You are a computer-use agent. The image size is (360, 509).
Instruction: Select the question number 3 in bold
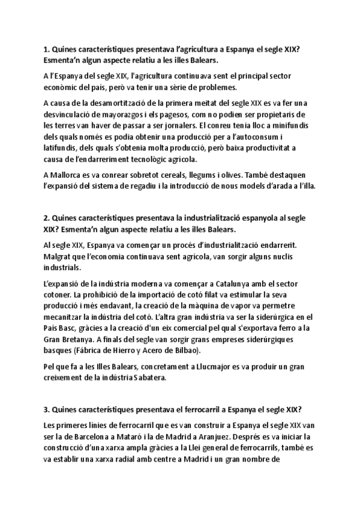tap(46, 409)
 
